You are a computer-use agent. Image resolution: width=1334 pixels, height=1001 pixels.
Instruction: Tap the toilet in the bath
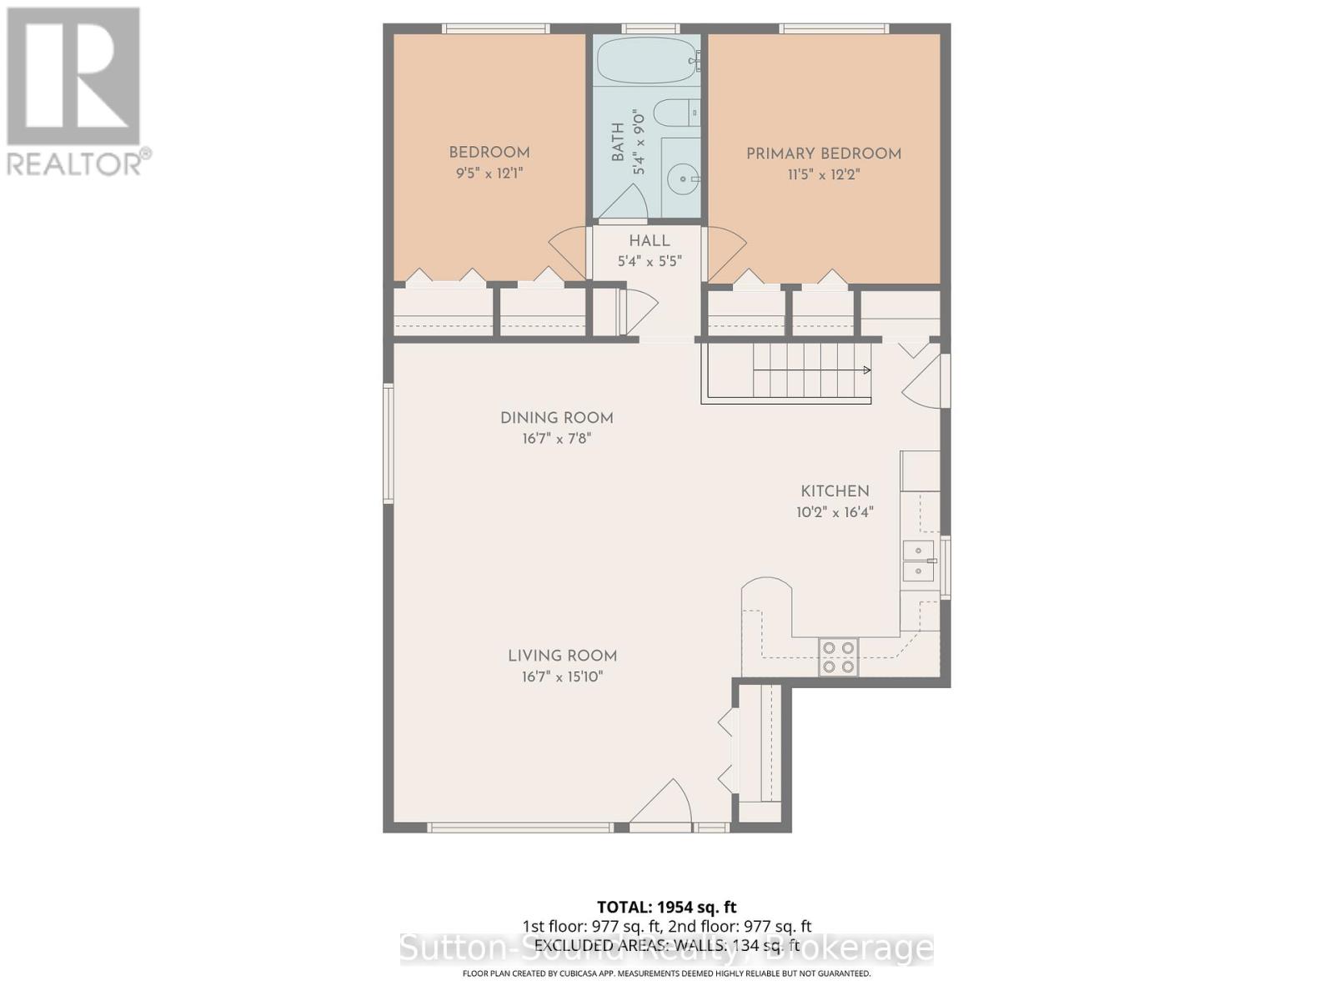click(x=674, y=113)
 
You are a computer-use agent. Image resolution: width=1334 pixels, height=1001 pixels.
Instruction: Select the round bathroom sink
click(x=683, y=178)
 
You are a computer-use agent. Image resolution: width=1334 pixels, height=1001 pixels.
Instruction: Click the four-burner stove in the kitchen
click(x=838, y=656)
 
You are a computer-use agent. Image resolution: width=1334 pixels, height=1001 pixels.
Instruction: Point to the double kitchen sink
click(x=918, y=560)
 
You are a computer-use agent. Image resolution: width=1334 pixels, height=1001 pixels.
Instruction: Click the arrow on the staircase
click(x=866, y=370)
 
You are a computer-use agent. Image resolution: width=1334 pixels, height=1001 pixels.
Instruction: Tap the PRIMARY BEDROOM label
click(x=823, y=153)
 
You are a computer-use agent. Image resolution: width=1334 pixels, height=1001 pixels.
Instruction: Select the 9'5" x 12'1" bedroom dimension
click(x=489, y=174)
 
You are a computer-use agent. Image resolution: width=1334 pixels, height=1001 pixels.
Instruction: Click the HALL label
click(x=649, y=241)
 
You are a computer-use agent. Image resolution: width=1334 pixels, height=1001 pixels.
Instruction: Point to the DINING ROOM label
click(x=556, y=418)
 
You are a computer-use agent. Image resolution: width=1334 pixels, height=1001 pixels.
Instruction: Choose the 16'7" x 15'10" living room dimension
click(x=562, y=677)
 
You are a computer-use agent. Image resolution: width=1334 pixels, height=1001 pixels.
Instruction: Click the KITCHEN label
click(x=835, y=491)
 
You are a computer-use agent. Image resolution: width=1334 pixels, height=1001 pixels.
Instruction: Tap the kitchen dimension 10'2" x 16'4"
click(x=835, y=512)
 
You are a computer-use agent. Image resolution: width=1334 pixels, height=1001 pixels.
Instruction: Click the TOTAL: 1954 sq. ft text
click(x=666, y=907)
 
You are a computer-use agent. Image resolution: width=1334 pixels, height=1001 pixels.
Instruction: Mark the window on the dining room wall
click(x=388, y=443)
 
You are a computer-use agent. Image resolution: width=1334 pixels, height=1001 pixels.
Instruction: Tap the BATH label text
click(x=618, y=142)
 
